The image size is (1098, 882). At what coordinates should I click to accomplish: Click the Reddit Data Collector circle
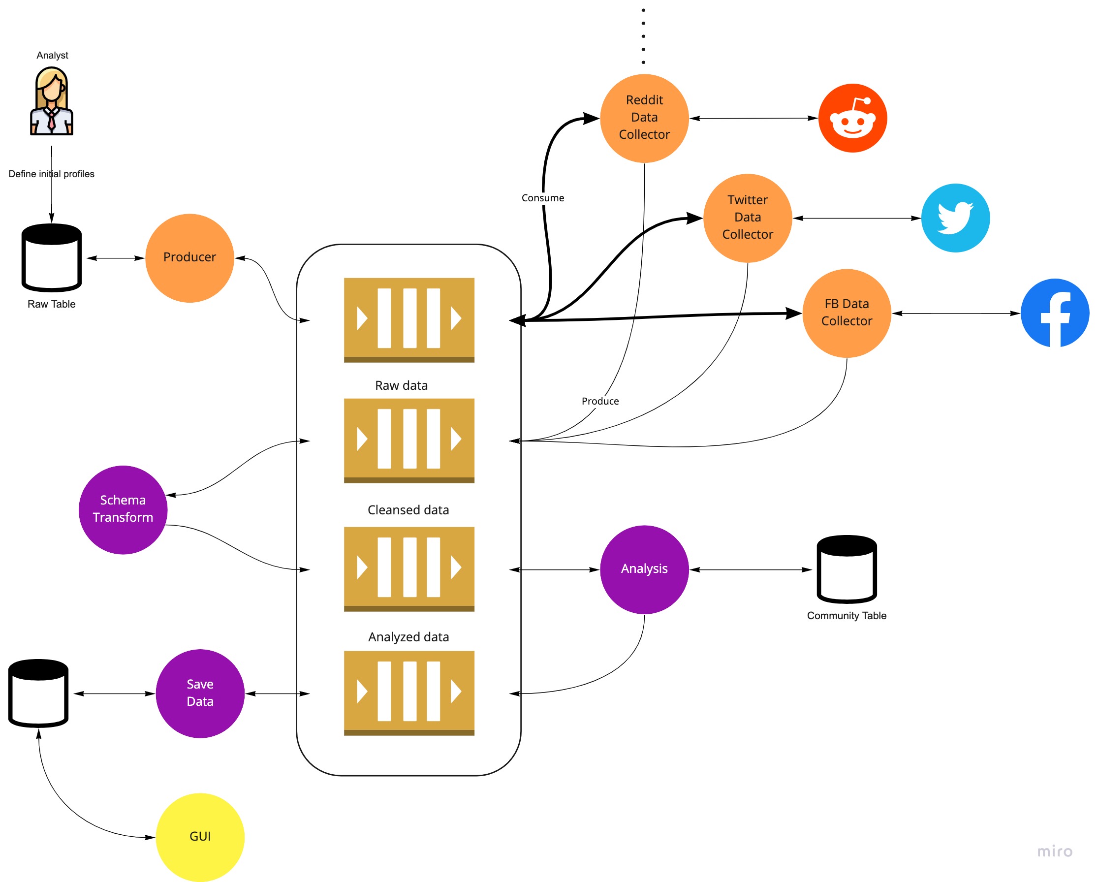644,118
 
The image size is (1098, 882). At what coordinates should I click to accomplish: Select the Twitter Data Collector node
747,218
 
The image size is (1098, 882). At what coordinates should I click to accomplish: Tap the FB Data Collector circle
847,313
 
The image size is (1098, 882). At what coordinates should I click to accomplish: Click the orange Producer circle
189,258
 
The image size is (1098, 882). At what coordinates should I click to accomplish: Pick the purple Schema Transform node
123,509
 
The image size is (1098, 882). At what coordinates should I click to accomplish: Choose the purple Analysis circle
644,569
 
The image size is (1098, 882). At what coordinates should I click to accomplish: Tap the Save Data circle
200,693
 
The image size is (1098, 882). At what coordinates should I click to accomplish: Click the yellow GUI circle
200,837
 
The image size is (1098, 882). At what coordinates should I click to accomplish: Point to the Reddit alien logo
852,118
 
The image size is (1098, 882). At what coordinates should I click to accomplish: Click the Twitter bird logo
955,218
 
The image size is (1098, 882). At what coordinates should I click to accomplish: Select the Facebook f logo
1055,313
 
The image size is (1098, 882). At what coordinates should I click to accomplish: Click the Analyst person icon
52,102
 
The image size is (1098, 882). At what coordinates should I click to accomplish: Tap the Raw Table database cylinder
52,258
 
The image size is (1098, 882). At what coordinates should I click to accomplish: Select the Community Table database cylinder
847,569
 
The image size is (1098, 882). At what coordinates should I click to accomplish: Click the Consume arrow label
542,198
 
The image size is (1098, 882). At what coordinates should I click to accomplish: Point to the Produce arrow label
600,401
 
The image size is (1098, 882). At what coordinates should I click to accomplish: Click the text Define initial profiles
52,174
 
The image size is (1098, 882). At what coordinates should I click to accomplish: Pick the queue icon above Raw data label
409,320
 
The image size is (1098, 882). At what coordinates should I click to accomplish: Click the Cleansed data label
408,510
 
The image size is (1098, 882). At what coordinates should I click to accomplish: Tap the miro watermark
1054,851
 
